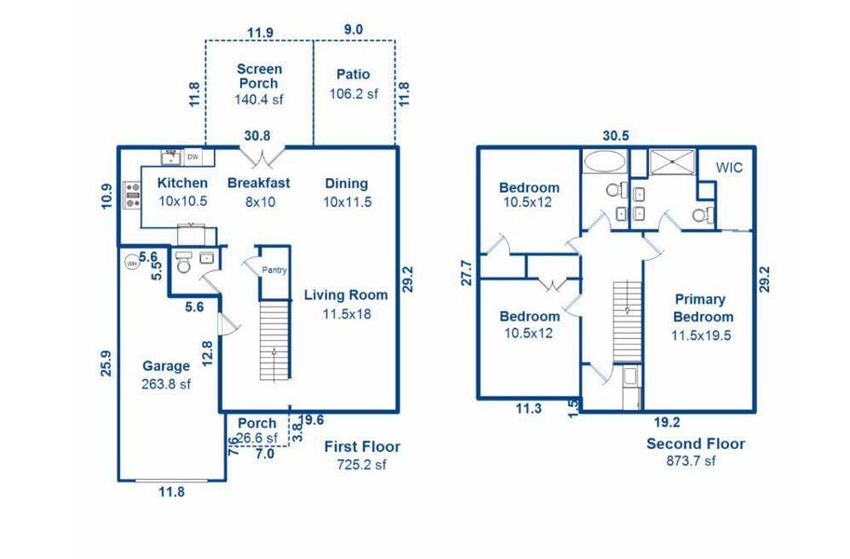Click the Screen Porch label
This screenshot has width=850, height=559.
(x=259, y=76)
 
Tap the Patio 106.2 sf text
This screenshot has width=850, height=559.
(x=354, y=83)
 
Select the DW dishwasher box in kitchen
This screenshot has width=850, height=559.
(x=194, y=157)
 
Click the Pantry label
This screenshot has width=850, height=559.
(x=273, y=271)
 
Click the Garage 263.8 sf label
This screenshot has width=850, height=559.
(x=166, y=375)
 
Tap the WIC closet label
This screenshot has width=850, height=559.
(x=728, y=167)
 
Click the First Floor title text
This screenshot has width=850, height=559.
(x=361, y=447)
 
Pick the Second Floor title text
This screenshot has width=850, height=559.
(x=695, y=444)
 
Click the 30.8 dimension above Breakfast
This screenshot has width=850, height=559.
(x=257, y=135)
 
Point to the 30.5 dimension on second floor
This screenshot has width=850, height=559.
(x=615, y=135)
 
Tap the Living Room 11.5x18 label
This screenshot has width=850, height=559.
(x=346, y=305)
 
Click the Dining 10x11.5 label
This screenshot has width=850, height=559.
(x=345, y=192)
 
